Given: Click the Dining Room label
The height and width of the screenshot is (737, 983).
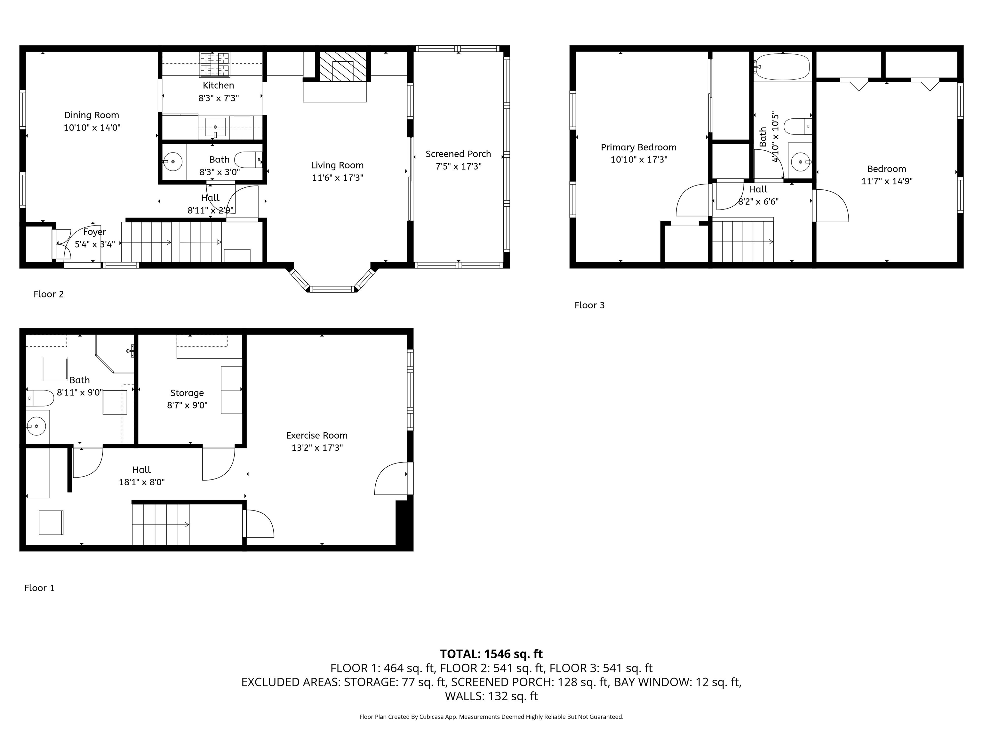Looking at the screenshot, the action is [x=92, y=115].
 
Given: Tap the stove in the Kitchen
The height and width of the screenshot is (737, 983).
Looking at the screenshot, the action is [x=215, y=64].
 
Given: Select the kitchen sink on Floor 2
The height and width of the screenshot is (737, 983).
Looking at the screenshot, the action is [x=215, y=127].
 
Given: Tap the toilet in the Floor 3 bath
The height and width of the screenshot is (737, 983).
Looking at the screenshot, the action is [x=798, y=126].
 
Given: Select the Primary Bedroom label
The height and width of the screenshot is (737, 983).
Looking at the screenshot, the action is [x=639, y=147].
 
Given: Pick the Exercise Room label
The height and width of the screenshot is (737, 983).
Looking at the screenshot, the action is [x=317, y=435].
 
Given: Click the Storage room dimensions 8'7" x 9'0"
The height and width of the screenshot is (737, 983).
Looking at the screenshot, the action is [x=187, y=405].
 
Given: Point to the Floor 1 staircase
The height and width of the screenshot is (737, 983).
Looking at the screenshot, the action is [x=161, y=524].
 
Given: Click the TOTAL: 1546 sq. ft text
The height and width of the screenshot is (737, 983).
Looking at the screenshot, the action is [x=491, y=654].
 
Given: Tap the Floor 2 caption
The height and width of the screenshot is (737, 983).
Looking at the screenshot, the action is [x=48, y=294].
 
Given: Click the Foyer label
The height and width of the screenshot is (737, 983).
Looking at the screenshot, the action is [x=95, y=232].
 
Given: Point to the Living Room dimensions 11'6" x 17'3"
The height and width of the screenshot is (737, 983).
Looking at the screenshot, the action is [x=337, y=178].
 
